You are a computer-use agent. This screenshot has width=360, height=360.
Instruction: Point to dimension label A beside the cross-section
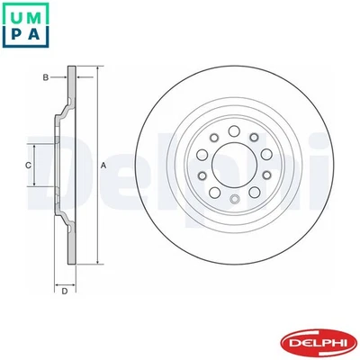103,166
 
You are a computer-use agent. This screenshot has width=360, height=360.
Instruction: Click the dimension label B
45,79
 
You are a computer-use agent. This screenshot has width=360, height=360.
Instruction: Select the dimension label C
27,166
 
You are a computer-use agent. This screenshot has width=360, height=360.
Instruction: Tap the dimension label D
64,290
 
